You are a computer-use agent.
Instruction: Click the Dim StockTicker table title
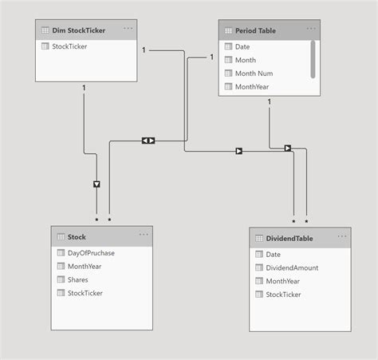click(80, 30)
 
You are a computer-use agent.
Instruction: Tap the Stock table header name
click(77, 236)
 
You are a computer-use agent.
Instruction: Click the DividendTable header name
click(283, 238)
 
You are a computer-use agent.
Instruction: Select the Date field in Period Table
click(242, 47)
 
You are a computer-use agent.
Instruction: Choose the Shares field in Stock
click(78, 279)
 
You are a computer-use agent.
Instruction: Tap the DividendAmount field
click(292, 267)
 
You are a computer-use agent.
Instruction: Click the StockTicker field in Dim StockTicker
click(71, 46)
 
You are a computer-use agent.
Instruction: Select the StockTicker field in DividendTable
click(284, 295)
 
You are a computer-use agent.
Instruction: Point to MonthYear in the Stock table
click(85, 267)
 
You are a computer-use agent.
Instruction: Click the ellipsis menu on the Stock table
click(144, 235)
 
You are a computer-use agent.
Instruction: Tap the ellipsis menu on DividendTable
click(342, 237)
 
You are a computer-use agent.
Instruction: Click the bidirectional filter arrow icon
click(148, 140)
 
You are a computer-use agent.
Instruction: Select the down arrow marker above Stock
click(97, 184)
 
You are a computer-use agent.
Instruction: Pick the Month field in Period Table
click(246, 60)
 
